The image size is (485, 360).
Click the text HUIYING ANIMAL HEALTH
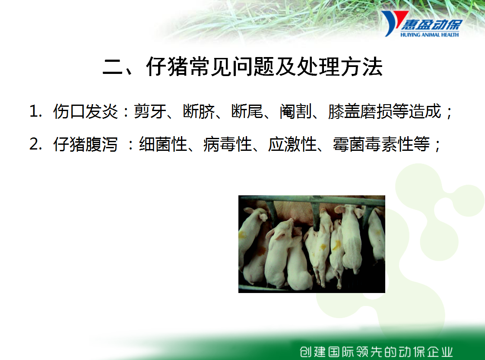[429, 35]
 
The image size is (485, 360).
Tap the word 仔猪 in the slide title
[167, 67]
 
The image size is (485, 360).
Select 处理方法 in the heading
[339, 67]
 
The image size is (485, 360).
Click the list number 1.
[35, 111]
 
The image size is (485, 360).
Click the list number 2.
[35, 144]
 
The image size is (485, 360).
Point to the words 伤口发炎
[86, 111]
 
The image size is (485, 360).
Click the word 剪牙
[150, 111]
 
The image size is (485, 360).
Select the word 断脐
[199, 111]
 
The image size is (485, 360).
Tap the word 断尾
[247, 111]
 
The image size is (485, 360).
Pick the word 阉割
[296, 111]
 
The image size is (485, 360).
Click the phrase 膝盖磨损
[360, 111]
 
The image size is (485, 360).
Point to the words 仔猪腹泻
[86, 144]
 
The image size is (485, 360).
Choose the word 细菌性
[163, 144]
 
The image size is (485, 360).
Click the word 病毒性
[228, 144]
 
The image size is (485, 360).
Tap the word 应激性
[292, 144]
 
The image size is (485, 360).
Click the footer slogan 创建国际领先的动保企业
[376, 352]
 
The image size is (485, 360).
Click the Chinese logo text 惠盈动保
[432, 25]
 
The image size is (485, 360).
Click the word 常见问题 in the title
[231, 67]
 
